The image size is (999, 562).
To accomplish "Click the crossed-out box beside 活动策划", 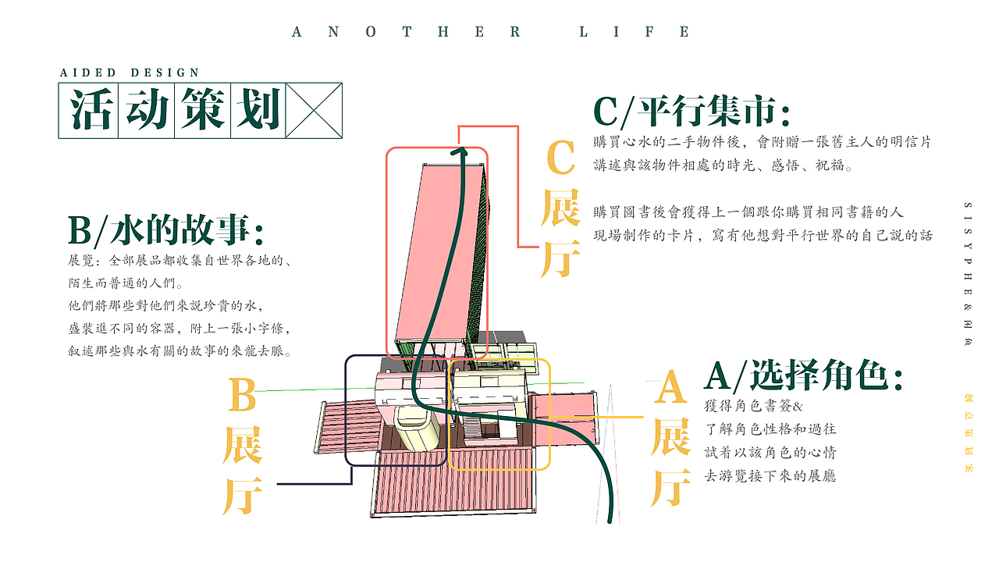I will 315,110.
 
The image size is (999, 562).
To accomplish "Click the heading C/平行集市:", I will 692,111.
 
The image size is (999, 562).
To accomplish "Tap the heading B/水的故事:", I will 165,230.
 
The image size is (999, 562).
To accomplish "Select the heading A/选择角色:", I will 804,376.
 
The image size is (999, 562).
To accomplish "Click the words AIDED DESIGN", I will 130,73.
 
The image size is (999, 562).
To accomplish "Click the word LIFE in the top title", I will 635,32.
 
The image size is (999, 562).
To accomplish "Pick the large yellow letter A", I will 670,388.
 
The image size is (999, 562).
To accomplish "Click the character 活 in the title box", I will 89,110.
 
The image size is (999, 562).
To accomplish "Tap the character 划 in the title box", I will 258,110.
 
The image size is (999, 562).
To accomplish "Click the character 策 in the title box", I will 202,110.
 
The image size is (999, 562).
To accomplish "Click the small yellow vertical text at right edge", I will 968,433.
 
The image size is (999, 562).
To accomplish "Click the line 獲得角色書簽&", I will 753,407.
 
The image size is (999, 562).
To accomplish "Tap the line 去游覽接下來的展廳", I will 770,475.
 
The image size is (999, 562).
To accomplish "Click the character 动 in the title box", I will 146,110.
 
